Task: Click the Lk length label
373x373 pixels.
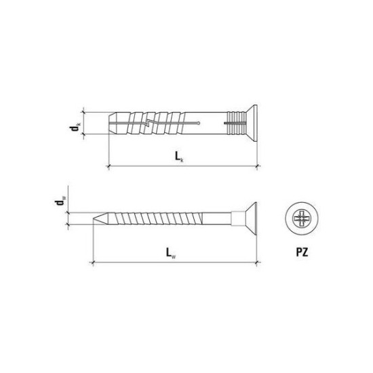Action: coord(179,157)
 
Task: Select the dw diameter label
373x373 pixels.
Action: coord(60,201)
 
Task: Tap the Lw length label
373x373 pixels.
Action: coord(171,253)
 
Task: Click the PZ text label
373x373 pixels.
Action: coord(302,252)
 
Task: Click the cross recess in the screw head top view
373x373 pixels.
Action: coord(302,218)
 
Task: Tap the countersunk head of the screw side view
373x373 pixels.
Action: coord(251,218)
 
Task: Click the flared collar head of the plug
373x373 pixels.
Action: coord(252,123)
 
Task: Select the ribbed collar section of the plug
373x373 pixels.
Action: coord(237,123)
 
